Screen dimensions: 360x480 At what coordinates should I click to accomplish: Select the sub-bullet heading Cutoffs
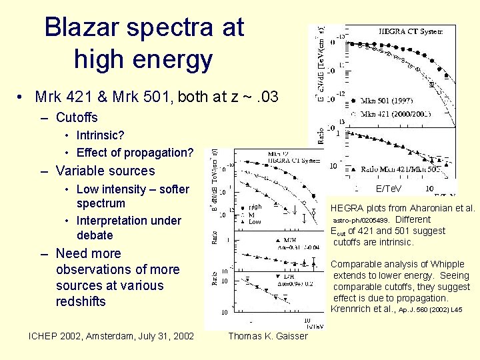[x=77, y=118]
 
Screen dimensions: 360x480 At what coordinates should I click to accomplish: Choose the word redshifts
[x=81, y=301]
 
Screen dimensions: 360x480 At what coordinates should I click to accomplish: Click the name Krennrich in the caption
[x=352, y=309]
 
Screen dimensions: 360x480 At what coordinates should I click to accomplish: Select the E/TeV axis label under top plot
[x=389, y=189]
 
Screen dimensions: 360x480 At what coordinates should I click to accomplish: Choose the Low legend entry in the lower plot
[x=253, y=221]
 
